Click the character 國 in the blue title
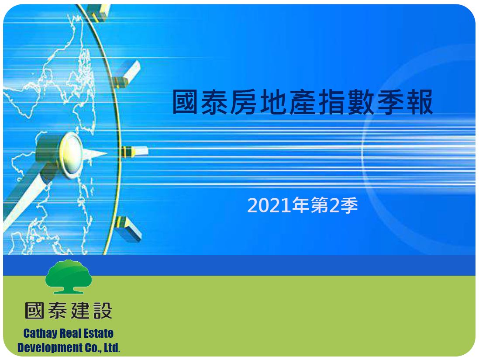pos(185,102)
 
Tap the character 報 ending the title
pos(420,102)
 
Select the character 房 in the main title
pos(244,102)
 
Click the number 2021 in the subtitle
pos(269,205)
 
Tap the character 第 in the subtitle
pos(320,205)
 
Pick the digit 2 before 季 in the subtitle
pos(334,205)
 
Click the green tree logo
pos(69,277)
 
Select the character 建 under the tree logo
pos(80,311)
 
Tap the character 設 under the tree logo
pos(103,311)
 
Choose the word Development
pos(46,348)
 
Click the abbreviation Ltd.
pos(112,347)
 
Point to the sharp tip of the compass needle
pos(107,153)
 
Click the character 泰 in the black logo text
pos(58,311)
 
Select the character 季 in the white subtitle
pos(349,205)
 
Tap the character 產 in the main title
pos(302,102)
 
